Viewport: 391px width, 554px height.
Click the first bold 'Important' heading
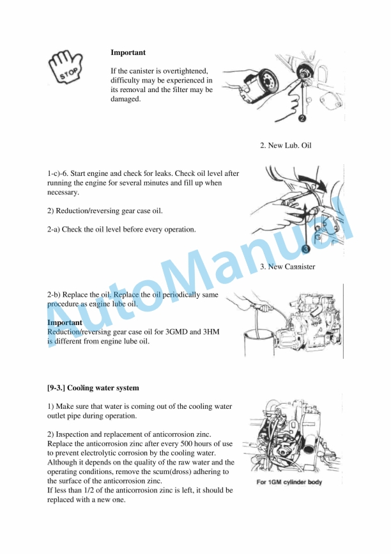click(128, 52)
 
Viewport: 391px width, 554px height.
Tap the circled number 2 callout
click(302, 118)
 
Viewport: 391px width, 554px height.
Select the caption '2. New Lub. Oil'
click(286, 145)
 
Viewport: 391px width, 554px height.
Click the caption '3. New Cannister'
click(287, 266)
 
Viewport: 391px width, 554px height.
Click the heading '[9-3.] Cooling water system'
click(93, 388)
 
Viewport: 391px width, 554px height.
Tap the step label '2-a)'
click(56, 229)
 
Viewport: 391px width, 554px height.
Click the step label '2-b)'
click(56, 295)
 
